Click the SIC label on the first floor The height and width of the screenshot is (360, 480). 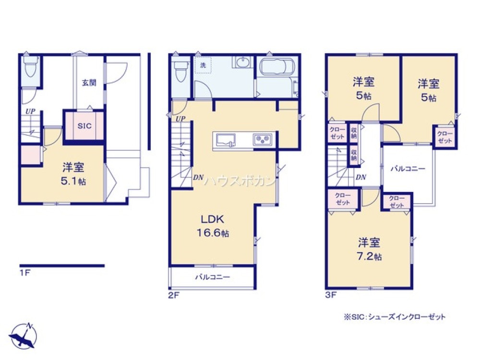(84, 126)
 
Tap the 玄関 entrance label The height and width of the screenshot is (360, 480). (89, 83)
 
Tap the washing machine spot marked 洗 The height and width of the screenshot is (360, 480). (203, 65)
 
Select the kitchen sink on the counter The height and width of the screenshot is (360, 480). (226, 140)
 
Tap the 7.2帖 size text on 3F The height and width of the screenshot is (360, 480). (369, 256)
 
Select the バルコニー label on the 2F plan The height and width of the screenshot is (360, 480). (212, 277)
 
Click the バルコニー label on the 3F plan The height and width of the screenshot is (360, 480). (408, 168)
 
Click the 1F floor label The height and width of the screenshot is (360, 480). (25, 273)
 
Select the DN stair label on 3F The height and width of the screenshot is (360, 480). (361, 177)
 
